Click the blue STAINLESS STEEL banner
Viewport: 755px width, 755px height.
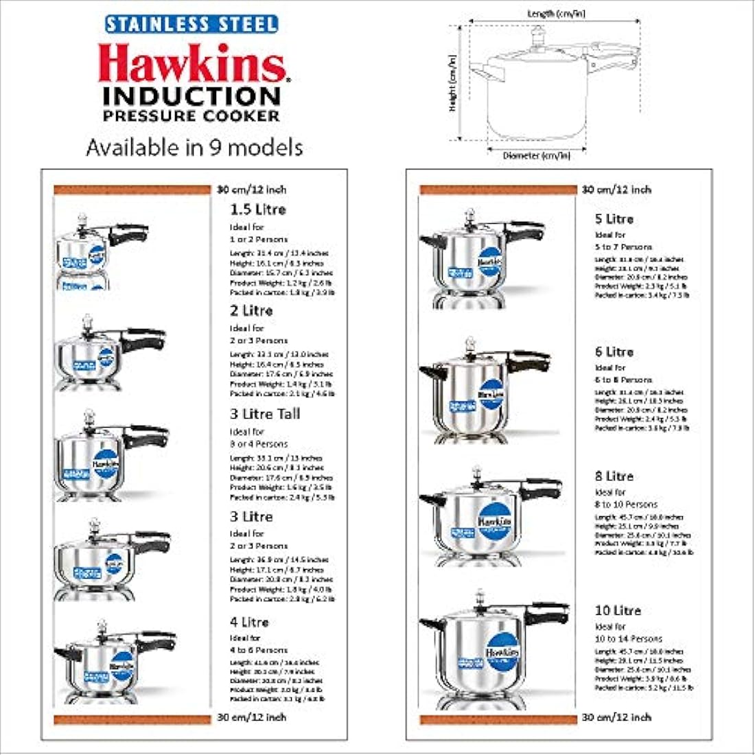191,25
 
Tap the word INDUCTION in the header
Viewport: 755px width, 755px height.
191,95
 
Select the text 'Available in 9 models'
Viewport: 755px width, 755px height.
194,148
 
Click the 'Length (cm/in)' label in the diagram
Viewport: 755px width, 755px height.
556,14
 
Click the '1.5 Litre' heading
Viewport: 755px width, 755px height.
257,209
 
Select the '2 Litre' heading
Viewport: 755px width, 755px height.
251,310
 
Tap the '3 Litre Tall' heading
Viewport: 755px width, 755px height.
265,414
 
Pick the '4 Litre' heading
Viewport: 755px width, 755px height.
249,622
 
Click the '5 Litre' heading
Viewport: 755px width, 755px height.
614,219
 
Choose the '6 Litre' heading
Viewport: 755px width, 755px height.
614,351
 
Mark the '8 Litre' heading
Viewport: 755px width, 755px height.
614,476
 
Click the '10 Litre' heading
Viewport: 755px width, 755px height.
618,610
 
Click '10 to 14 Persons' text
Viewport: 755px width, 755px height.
629,638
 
